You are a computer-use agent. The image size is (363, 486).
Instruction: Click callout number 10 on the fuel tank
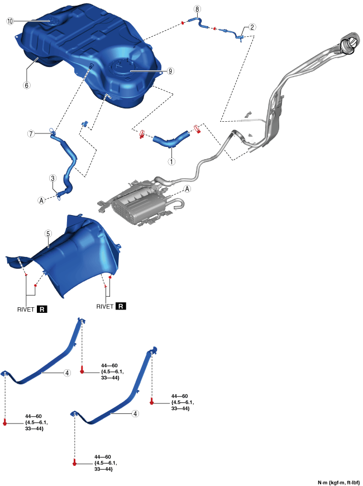(x=9, y=21)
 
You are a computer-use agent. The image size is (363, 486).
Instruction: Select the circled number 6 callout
(x=26, y=85)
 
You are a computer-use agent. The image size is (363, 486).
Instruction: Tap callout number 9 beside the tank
(x=171, y=72)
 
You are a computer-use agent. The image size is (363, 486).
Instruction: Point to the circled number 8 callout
(x=196, y=9)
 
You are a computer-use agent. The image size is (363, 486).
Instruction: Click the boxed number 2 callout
(x=252, y=27)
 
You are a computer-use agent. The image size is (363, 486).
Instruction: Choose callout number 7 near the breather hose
(x=32, y=134)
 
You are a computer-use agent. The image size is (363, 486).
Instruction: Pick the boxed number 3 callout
(x=52, y=178)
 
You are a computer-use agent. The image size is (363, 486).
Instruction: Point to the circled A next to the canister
(x=188, y=189)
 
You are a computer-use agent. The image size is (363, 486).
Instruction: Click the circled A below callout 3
(x=41, y=199)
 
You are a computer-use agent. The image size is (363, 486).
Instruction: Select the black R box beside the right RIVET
(x=121, y=307)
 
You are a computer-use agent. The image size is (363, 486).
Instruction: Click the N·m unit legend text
(x=338, y=482)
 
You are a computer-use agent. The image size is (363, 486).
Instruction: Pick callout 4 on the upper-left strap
(x=66, y=372)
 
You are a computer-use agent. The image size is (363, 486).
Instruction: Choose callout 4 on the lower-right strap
(x=136, y=414)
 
